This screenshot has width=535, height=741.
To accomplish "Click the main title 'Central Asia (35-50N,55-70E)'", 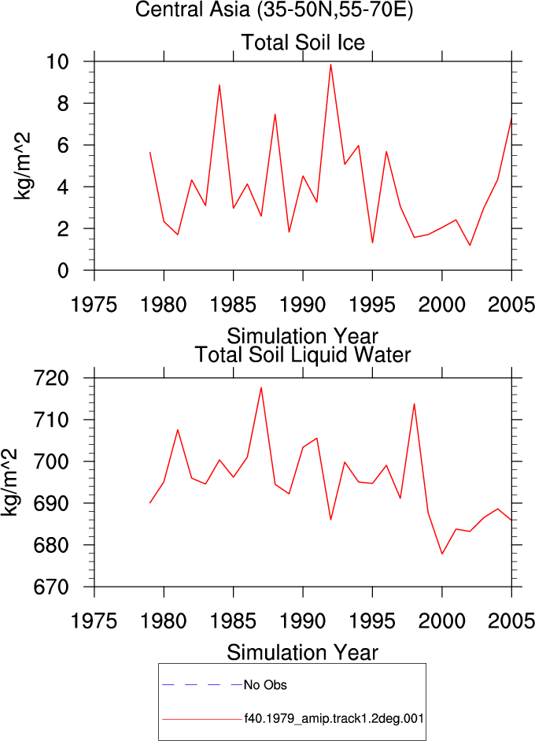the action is (274, 9).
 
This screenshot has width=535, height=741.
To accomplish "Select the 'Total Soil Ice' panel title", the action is (303, 42).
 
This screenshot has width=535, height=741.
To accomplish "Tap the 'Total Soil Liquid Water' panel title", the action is (303, 354).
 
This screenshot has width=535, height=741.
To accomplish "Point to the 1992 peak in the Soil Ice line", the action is (330, 65).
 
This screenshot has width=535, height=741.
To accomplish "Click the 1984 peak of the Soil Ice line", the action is (220, 85).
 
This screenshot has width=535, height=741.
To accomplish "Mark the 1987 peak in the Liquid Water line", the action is (261, 387).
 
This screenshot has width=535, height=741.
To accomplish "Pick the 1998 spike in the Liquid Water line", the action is (414, 404).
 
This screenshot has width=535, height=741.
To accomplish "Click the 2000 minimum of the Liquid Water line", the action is (442, 554).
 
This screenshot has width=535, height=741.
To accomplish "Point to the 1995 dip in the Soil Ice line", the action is (373, 243).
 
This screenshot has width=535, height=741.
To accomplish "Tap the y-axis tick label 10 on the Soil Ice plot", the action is (57, 61).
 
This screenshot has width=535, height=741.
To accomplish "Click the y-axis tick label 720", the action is (51, 378).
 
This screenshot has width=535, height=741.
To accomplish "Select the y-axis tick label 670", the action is (51, 587).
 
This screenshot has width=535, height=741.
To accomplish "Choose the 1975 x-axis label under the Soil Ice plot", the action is (94, 304).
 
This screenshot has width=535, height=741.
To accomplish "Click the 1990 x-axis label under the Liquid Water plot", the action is (303, 621).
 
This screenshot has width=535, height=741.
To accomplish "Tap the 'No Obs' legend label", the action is (265, 685).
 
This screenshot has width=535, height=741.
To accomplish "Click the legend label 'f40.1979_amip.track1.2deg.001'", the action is (334, 719).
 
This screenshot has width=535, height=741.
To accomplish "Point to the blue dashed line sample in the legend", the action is (202, 684).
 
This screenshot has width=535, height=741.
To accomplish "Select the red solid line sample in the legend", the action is (202, 719).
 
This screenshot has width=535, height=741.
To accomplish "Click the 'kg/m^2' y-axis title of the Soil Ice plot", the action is (21, 166).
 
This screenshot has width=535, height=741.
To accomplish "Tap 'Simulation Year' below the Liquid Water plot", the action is (302, 653).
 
